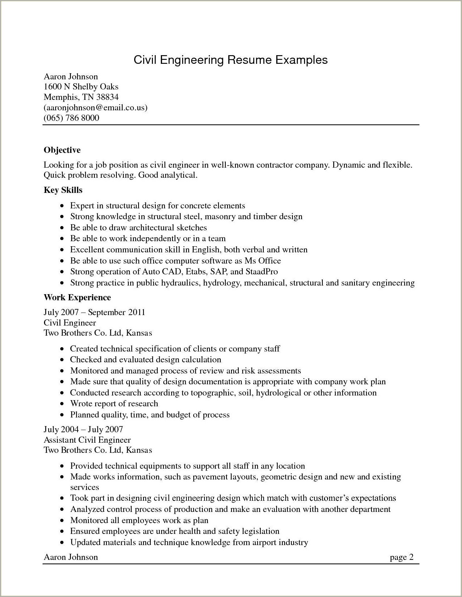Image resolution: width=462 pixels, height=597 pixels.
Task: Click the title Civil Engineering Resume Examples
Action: click(230, 60)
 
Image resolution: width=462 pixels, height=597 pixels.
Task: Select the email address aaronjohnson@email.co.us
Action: click(96, 107)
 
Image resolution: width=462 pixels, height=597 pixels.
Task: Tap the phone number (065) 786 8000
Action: click(71, 118)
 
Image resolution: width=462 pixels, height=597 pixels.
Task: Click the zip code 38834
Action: click(107, 97)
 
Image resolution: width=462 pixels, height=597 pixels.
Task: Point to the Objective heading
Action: click(62, 150)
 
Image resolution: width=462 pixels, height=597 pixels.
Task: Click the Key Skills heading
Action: click(63, 190)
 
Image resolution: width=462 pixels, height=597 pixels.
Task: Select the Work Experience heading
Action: click(77, 297)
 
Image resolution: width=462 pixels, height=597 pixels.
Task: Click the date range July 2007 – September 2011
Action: click(94, 312)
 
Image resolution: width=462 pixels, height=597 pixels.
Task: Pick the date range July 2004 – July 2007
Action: click(83, 429)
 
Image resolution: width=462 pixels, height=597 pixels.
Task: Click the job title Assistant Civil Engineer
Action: click(87, 440)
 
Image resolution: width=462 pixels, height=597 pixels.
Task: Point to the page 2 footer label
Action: click(401, 557)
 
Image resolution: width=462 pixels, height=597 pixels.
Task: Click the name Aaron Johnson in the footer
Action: click(71, 557)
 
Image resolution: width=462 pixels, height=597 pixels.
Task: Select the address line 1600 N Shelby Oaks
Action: click(81, 87)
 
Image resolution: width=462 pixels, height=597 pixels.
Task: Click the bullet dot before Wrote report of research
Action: click(62, 404)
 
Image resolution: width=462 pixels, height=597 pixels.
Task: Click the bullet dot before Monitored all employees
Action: click(62, 521)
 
